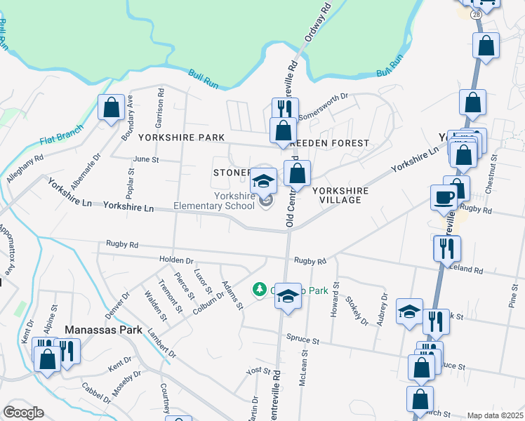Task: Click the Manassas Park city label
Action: pos(104,330)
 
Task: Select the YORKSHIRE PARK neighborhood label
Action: pos(180,138)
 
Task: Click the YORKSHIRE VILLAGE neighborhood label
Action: pos(337,195)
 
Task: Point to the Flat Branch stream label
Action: pos(62,133)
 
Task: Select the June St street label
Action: pos(146,159)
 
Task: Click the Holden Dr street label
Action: pos(176,260)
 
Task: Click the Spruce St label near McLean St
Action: pos(303,340)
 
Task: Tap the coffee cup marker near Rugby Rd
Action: pos(444,197)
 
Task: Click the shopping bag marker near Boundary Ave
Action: pos(110,108)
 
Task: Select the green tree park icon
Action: pos(259,289)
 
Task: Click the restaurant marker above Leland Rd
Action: pos(446,248)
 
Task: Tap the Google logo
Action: pos(23,413)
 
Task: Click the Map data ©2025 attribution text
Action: pos(495,415)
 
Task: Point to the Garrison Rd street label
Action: pos(161,102)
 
